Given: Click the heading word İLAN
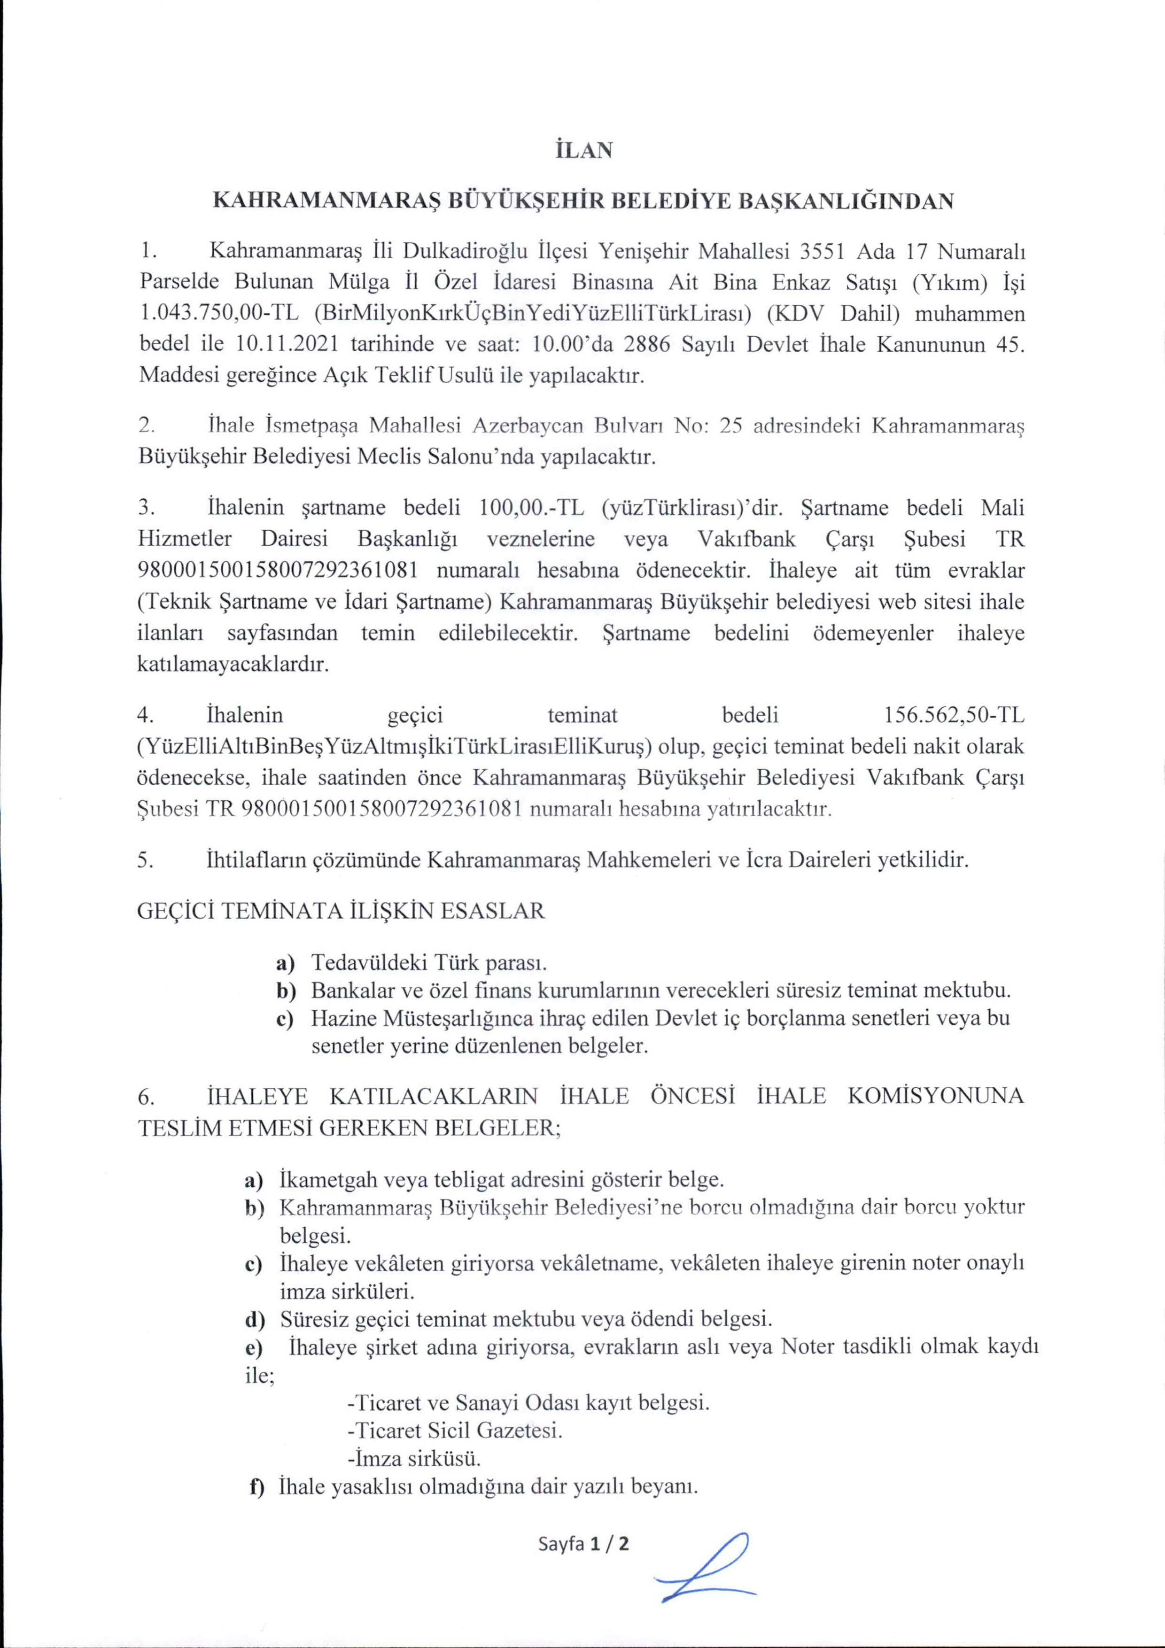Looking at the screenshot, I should pos(583,151).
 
